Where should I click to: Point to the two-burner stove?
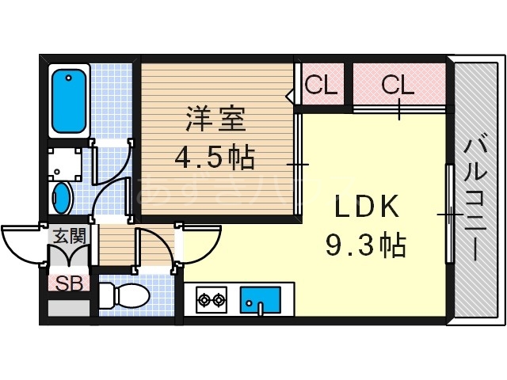(211, 300)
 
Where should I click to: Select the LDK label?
(365, 208)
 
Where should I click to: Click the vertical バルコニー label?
(476, 198)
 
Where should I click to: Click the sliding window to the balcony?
(449, 214)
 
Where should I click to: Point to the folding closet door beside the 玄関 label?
(68, 255)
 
